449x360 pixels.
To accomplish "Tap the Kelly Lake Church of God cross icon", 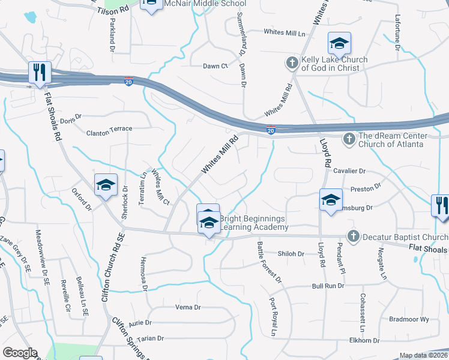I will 292,62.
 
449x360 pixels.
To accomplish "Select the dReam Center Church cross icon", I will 349,139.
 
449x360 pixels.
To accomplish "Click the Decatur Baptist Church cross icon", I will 353,236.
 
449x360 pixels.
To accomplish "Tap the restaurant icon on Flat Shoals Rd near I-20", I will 40,73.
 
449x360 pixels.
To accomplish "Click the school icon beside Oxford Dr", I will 106,185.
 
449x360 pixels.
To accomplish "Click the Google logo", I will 19,353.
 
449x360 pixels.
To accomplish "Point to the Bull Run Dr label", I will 328,286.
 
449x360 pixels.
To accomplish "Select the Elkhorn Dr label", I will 364,340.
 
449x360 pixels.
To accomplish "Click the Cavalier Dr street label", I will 349,171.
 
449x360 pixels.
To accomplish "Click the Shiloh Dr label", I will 292,254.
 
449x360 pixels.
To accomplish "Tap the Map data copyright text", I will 424,355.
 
